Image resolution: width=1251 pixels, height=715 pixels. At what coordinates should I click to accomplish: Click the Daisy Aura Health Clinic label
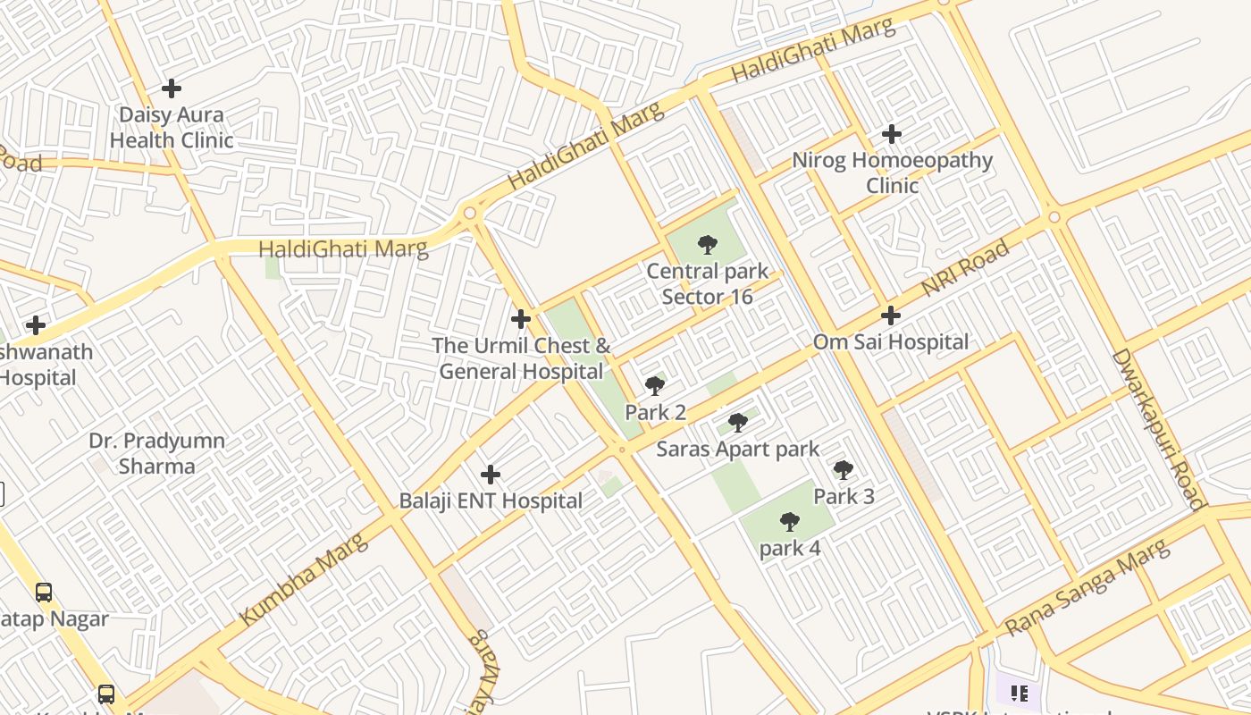(171, 128)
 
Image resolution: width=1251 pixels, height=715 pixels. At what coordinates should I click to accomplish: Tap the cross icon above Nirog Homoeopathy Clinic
(891, 134)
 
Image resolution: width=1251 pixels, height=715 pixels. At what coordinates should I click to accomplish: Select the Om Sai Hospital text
(890, 342)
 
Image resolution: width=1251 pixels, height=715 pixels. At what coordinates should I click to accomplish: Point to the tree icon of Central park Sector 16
(707, 244)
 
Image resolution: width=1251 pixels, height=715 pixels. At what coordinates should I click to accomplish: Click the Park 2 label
(655, 413)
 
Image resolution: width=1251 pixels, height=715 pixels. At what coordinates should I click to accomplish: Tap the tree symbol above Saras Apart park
(737, 422)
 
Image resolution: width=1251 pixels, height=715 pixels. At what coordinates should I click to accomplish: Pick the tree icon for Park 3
(843, 469)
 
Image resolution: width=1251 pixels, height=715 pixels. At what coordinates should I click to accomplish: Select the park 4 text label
(790, 549)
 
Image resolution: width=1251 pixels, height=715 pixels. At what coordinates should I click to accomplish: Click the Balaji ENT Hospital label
(491, 501)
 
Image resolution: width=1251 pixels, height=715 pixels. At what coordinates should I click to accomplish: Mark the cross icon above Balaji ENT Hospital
(490, 475)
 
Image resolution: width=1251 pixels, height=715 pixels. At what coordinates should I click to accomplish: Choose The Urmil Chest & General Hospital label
(521, 358)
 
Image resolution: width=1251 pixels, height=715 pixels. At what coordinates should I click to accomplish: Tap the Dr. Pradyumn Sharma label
(157, 453)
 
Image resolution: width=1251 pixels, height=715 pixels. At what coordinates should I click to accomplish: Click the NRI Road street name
(966, 268)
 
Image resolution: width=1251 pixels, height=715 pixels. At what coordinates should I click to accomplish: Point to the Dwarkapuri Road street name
(1159, 429)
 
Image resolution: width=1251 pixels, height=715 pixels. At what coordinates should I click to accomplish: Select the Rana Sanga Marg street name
(1087, 588)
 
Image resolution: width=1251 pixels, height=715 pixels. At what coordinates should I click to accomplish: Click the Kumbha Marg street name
(303, 579)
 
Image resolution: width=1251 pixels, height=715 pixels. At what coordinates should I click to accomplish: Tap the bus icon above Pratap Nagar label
(43, 592)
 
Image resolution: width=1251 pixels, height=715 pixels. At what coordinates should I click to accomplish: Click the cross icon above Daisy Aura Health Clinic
(171, 88)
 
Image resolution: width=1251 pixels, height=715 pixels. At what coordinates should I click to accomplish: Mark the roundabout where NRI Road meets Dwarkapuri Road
(1054, 217)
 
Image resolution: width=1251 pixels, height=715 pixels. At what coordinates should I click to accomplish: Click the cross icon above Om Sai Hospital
(890, 315)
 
